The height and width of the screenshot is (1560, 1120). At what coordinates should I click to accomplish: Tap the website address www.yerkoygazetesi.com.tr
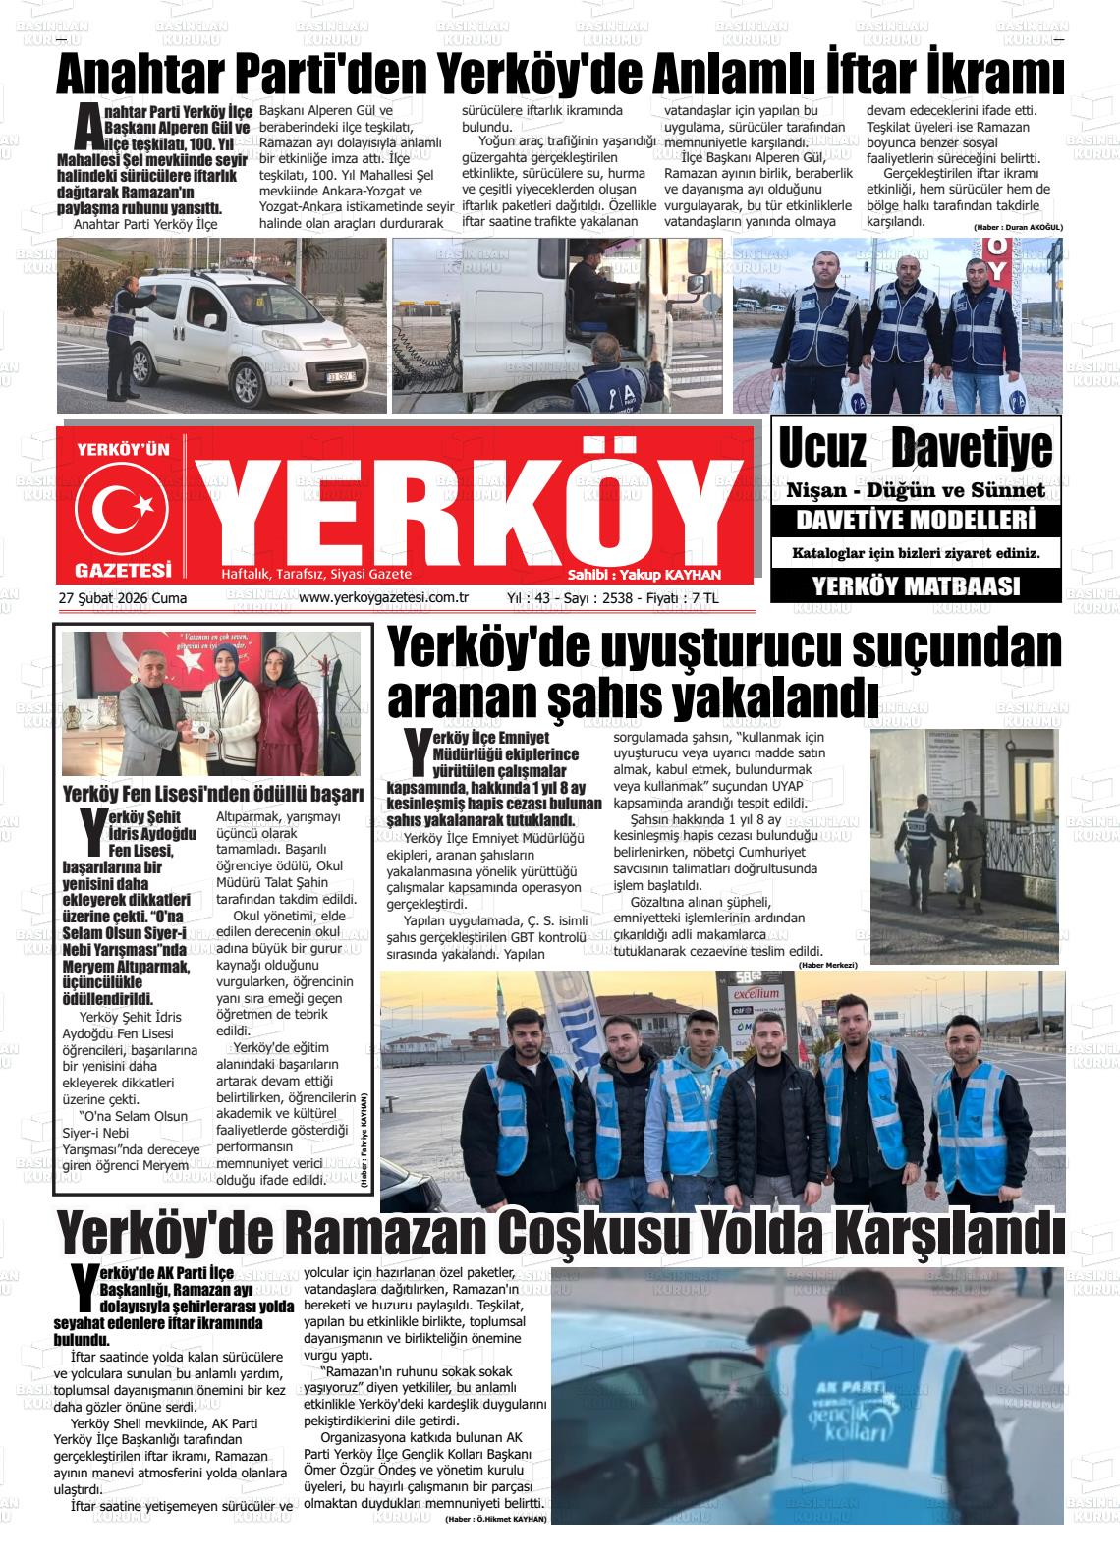point(382,597)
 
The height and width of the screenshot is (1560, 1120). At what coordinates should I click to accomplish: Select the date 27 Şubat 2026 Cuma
point(123,597)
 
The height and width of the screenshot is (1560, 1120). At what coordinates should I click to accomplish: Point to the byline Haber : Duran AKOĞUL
point(1018,227)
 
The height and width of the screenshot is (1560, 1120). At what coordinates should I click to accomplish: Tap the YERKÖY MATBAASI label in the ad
point(916,586)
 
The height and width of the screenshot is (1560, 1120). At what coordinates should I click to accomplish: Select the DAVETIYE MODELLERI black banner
point(916,520)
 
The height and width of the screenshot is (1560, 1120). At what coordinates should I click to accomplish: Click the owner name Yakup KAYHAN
point(679,575)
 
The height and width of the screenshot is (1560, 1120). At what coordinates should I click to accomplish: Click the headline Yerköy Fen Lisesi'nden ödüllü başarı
point(213,794)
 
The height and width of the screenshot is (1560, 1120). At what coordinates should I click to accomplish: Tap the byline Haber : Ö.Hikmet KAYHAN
point(495,1519)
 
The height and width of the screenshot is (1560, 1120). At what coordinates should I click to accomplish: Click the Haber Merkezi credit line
point(828,966)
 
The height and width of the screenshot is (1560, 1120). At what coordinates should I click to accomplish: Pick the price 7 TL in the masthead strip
point(704,597)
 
